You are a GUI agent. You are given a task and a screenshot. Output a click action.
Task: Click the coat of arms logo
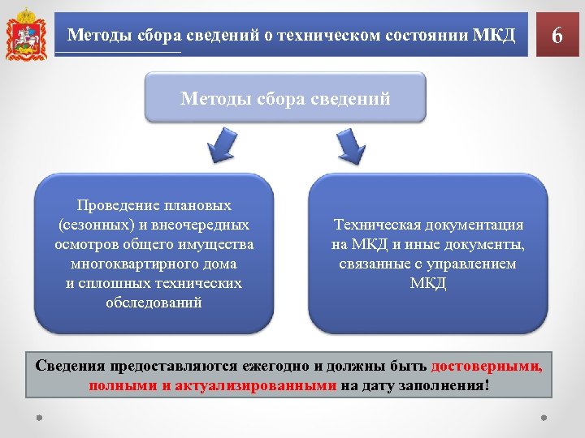pos(25,35)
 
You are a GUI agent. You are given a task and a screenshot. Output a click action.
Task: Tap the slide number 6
pos(557,36)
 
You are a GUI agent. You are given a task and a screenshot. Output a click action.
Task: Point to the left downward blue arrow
pos(222,145)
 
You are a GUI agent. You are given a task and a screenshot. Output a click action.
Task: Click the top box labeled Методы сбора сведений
pos(285,98)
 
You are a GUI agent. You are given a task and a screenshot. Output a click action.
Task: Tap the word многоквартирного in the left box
pos(154,264)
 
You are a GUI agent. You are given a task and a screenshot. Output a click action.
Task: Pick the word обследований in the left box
pos(154,303)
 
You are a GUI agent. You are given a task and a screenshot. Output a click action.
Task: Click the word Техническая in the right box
pos(377,225)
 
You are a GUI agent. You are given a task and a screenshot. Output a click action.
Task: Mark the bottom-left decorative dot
pos(38,419)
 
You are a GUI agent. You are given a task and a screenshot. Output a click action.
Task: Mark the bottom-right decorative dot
pos(544,419)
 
